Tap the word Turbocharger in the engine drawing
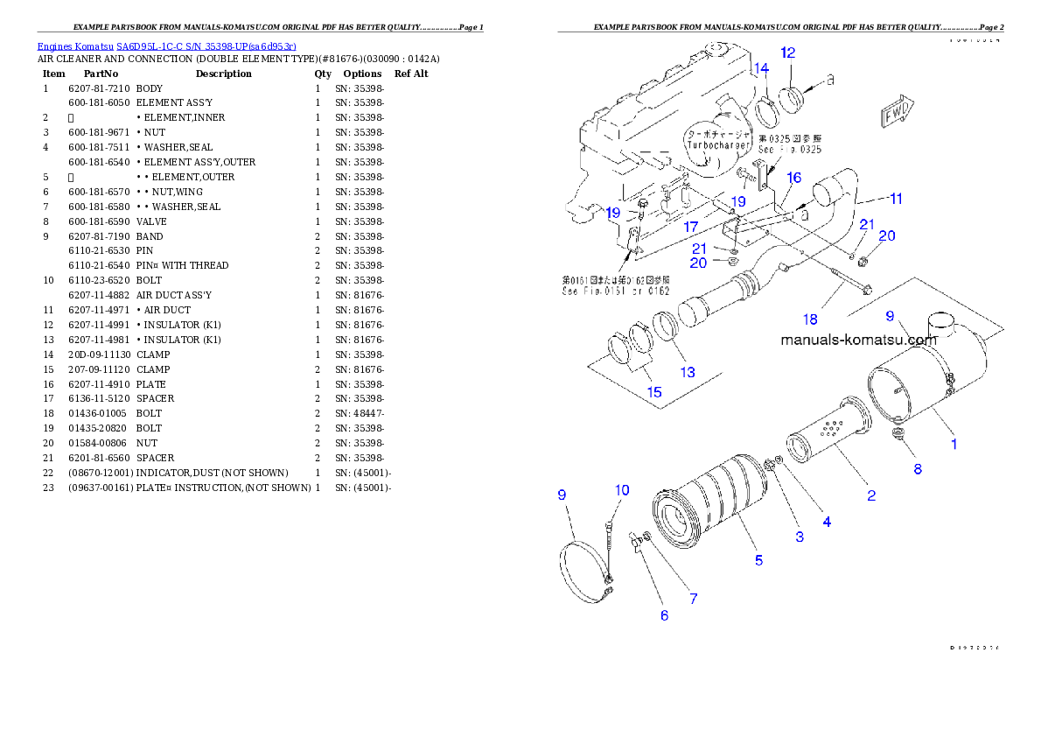718,145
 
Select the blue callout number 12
787,53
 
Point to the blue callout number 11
894,199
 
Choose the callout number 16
793,178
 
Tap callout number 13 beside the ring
688,372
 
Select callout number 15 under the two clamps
653,391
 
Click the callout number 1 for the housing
954,444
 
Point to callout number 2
871,495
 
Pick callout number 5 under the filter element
758,559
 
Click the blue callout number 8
917,468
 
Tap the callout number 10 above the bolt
621,490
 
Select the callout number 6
664,615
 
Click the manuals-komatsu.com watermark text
858,340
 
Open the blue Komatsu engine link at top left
166,46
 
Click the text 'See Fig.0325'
789,150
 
